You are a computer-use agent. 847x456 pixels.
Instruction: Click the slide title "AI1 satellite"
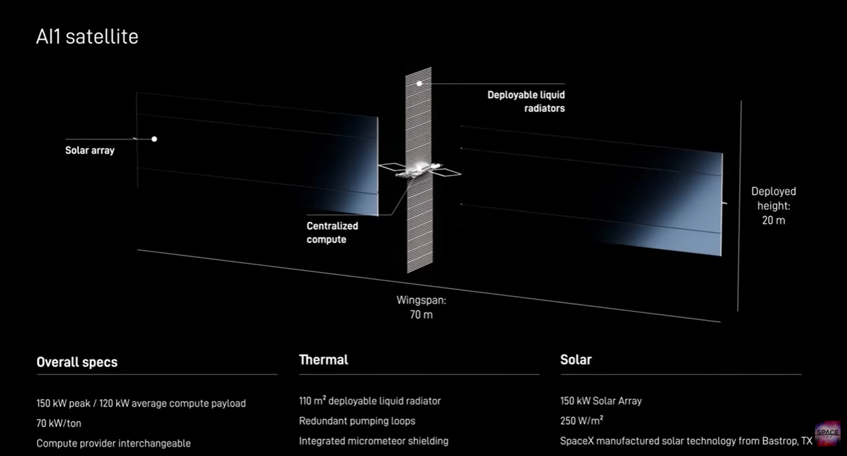[87, 36]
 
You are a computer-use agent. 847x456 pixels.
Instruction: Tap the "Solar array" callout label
[89, 150]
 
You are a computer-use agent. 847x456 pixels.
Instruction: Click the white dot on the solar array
[154, 139]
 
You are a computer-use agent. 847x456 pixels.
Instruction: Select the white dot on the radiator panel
[419, 83]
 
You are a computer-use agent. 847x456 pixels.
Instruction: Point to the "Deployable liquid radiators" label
[526, 102]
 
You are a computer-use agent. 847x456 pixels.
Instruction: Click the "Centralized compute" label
[332, 233]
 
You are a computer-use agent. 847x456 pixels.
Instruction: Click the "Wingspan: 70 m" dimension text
[421, 307]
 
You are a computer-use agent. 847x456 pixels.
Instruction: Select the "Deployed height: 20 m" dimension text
[773, 206]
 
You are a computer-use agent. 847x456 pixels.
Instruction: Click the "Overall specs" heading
[77, 362]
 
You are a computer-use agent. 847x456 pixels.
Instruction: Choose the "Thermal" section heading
[323, 359]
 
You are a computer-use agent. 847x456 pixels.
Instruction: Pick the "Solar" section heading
[576, 359]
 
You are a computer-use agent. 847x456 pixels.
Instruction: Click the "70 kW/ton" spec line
[59, 423]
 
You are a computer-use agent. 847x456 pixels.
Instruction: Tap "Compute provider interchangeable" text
[113, 443]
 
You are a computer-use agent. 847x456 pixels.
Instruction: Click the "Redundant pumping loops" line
[357, 421]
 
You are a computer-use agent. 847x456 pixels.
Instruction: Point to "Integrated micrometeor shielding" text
[374, 441]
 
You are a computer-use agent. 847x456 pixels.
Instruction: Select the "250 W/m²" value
[581, 420]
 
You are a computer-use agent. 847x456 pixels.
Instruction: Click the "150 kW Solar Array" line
[601, 401]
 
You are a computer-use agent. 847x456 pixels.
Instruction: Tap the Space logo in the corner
[827, 433]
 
